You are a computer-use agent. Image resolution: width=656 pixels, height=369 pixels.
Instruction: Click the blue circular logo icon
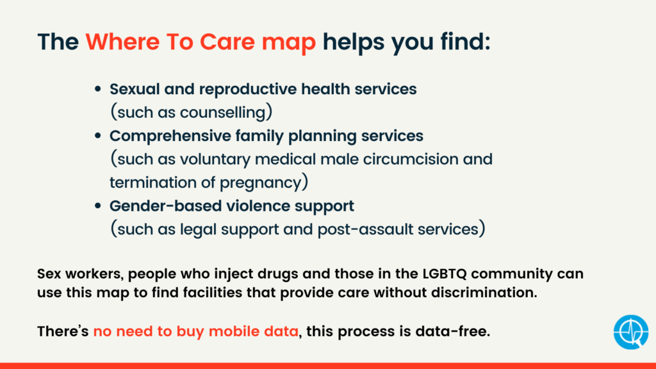(631, 332)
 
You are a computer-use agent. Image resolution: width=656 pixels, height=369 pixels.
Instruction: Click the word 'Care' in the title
(227, 42)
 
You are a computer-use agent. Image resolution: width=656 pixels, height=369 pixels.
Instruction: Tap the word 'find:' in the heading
(465, 42)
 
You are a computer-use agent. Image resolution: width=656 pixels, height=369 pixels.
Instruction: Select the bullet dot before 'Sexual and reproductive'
(98, 88)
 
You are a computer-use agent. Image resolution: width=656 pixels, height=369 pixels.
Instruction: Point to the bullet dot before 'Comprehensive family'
(98, 136)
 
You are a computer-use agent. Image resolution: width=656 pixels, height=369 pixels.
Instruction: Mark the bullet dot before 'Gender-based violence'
(98, 206)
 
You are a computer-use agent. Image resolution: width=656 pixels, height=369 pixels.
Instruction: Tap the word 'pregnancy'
(260, 183)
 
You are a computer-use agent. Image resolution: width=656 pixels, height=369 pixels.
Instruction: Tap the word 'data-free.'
(453, 331)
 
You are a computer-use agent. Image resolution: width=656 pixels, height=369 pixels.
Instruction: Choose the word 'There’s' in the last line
(63, 331)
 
